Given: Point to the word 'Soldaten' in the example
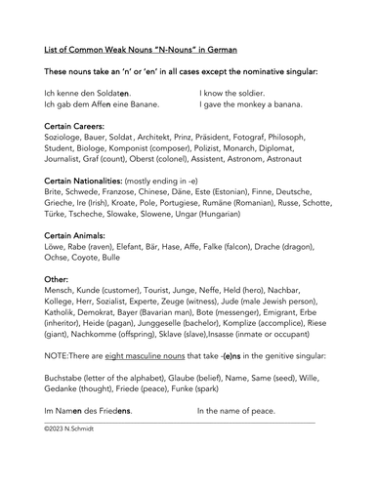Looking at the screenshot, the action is pos(105,91).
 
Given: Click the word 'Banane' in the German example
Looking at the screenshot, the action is pos(141,103).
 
